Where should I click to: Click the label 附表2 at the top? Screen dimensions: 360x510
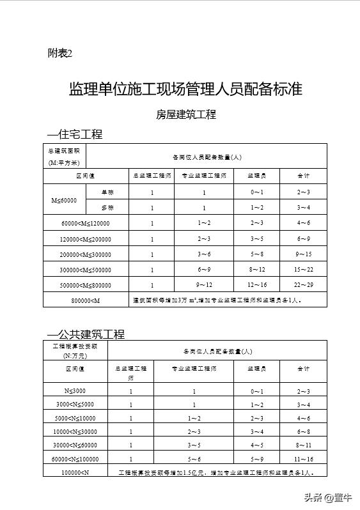click(60, 53)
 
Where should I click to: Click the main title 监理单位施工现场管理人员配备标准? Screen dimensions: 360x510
click(185, 89)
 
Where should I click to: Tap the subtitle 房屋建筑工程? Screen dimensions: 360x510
click(186, 115)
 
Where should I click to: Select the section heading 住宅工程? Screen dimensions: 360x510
click(75, 135)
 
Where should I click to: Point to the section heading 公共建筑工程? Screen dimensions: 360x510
click(86, 334)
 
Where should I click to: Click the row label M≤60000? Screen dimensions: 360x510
click(64, 200)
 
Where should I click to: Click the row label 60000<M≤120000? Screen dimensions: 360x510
click(85, 223)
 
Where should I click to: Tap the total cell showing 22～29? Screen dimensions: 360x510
click(303, 284)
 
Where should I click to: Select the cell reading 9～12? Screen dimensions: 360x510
click(205, 284)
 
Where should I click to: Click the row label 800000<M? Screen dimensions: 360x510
click(85, 300)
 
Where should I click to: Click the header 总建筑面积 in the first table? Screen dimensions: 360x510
click(63, 151)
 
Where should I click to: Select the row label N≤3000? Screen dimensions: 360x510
click(75, 390)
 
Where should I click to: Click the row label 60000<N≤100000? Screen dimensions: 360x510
click(75, 459)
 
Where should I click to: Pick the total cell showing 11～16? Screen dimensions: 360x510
click(303, 459)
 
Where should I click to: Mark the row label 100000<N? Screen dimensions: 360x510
click(75, 472)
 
